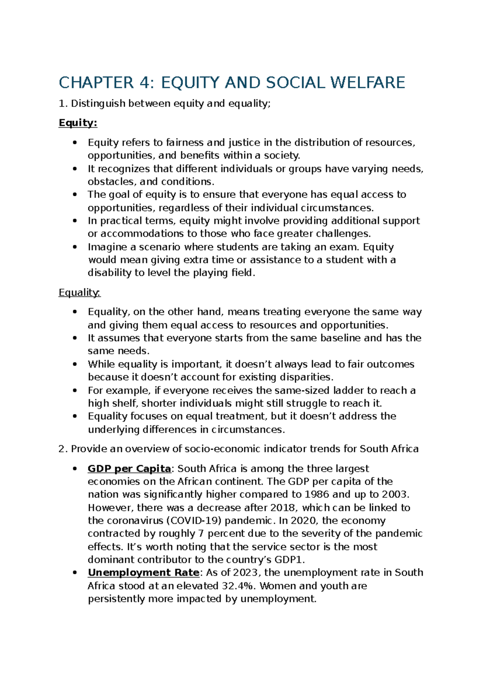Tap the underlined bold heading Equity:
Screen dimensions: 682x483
tap(78, 123)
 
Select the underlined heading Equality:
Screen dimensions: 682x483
tap(79, 292)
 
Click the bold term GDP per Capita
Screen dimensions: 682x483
tap(129, 469)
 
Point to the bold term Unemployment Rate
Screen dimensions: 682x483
tap(143, 573)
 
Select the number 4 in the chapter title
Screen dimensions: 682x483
tap(144, 83)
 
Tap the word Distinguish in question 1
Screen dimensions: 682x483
tap(98, 104)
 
